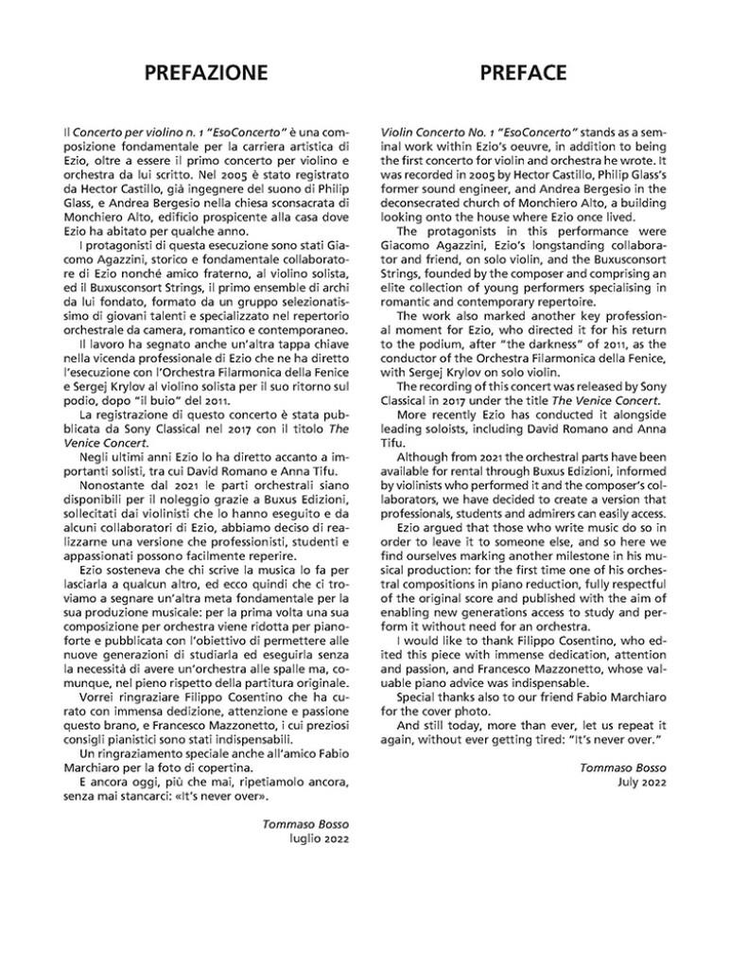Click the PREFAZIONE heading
(x=205, y=73)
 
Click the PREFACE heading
(x=523, y=73)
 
